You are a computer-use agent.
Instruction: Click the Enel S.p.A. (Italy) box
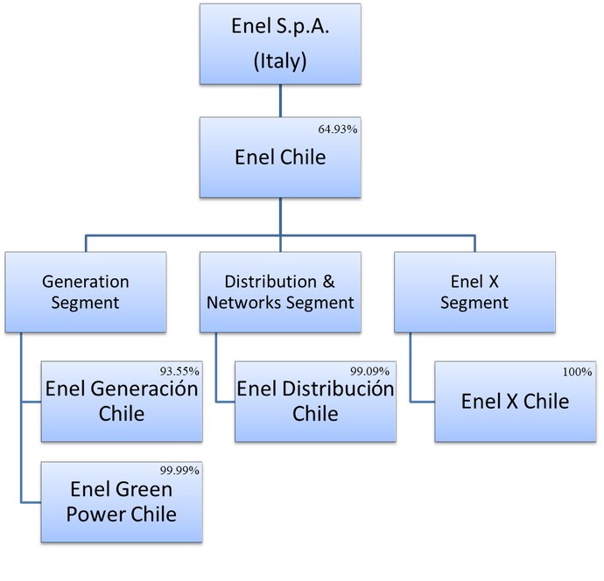279,44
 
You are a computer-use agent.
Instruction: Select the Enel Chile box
279,158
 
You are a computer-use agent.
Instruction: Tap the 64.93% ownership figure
339,129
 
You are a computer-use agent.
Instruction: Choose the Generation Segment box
86,292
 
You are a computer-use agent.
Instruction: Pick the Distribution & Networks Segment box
279,292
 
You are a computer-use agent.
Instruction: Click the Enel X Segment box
474,292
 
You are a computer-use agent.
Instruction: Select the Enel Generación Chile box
123,400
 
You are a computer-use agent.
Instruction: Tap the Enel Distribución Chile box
315,400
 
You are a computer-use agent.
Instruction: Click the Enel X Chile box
516,402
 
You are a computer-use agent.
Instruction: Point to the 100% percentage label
578,372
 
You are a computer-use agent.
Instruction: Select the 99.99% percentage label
183,470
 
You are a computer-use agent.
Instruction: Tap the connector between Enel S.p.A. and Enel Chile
279,101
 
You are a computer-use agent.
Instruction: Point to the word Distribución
346,388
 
